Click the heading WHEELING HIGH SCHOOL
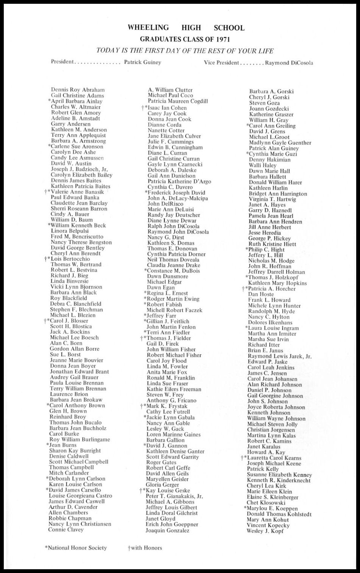[186, 28]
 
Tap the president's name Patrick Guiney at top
[143, 62]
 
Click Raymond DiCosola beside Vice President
[289, 63]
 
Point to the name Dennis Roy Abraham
[78, 90]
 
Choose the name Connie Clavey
[66, 530]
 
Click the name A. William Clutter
[170, 90]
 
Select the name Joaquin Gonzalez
[168, 530]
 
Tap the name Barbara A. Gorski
[271, 91]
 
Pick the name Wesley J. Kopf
[264, 531]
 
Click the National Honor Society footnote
[76, 548]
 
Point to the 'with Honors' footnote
[145, 548]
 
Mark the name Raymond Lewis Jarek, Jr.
[279, 356]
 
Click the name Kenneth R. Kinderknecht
[279, 480]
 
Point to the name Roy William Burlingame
[79, 440]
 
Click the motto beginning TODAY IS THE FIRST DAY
[185, 51]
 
